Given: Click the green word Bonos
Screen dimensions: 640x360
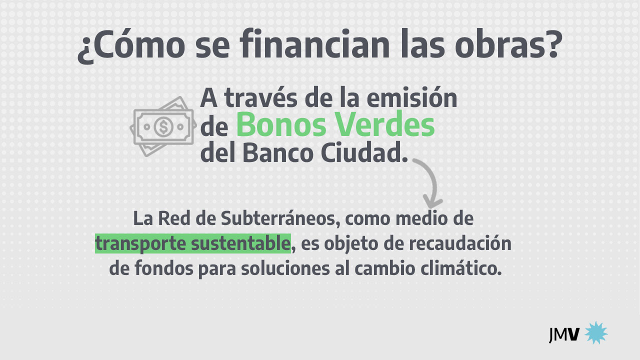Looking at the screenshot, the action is (x=281, y=124).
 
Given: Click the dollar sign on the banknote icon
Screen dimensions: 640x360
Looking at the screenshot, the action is (x=163, y=127).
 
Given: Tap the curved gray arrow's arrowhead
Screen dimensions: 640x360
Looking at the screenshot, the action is (x=432, y=203).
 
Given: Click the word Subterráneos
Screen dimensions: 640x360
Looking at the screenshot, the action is (x=280, y=218).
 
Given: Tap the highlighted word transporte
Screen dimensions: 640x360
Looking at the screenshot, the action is (x=140, y=244).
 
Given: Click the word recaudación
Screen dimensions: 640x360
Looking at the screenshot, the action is (x=460, y=243).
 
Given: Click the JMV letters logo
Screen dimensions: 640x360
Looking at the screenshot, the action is (x=564, y=334).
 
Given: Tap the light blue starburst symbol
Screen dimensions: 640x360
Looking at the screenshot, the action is (x=596, y=333).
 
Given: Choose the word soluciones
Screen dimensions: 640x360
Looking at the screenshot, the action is (x=285, y=268).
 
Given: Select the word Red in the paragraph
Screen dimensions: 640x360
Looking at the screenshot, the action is (x=174, y=218).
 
